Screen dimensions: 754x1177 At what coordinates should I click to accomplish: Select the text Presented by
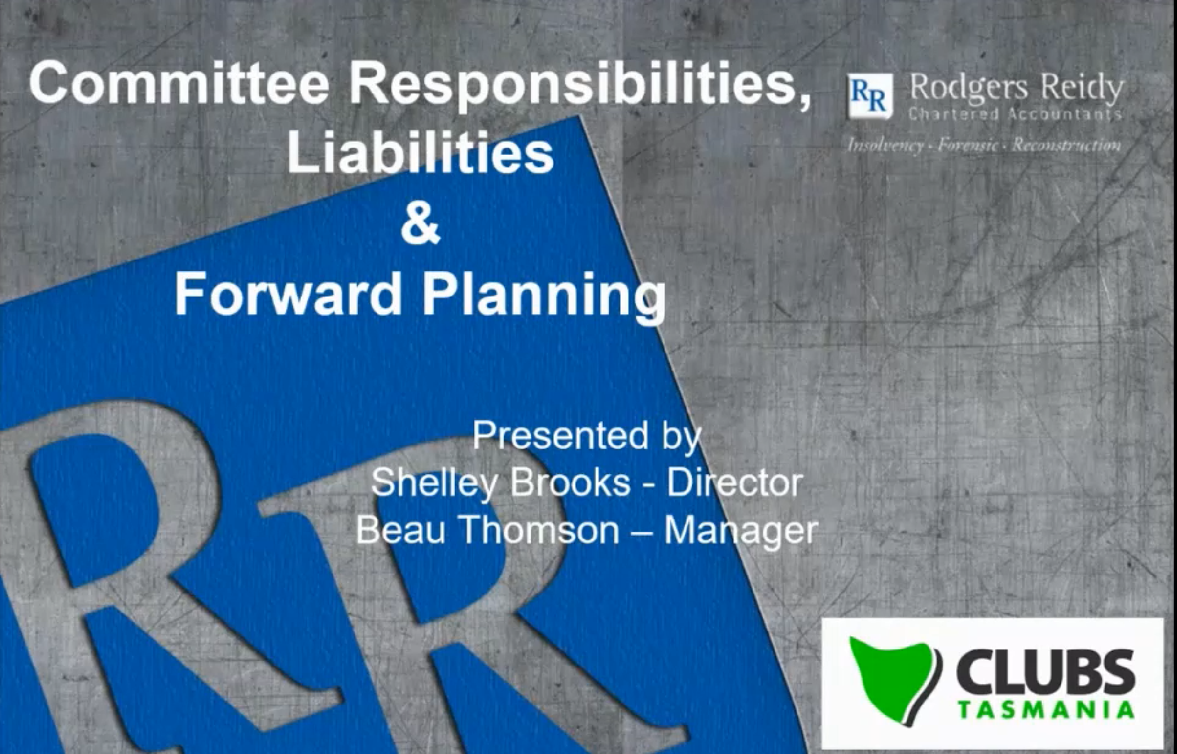pos(586,435)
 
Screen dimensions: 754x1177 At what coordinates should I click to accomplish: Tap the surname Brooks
pos(570,483)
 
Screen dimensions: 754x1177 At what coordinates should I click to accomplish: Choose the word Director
pos(734,483)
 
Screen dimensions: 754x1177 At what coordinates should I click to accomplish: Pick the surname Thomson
pos(540,530)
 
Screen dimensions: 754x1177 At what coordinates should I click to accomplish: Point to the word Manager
pos(740,530)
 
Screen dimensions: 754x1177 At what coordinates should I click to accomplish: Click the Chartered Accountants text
pos(1015,114)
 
